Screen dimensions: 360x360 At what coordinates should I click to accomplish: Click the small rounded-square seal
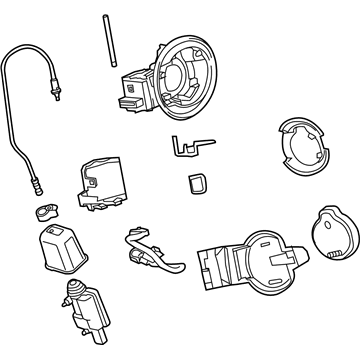pyautogui.click(x=197, y=184)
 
